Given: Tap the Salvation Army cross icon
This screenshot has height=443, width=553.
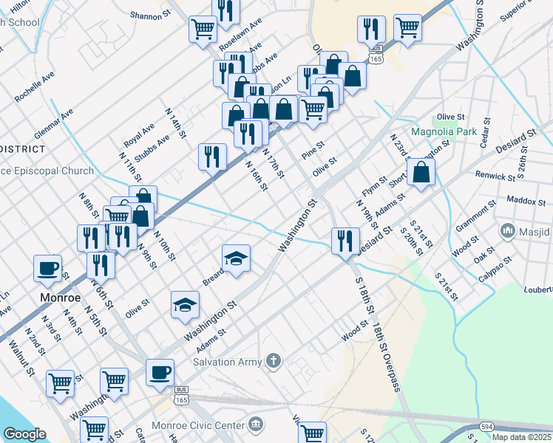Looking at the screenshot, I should point(274,360).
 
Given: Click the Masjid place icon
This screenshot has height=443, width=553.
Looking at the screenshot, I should point(508,231).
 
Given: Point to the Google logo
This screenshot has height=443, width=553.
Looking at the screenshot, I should point(24,434).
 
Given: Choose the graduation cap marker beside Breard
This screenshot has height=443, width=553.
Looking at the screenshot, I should point(237,258).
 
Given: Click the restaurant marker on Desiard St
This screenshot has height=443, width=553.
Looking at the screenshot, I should point(345,240).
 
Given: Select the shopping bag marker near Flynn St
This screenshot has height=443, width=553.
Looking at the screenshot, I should point(421,173).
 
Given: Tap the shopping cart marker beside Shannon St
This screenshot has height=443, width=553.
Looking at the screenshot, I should point(203,30).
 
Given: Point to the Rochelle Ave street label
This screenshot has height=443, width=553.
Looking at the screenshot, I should point(35,86).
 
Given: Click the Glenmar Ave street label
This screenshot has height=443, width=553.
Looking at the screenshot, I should point(54,125).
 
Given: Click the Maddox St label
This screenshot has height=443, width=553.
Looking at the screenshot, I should point(526,200).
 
